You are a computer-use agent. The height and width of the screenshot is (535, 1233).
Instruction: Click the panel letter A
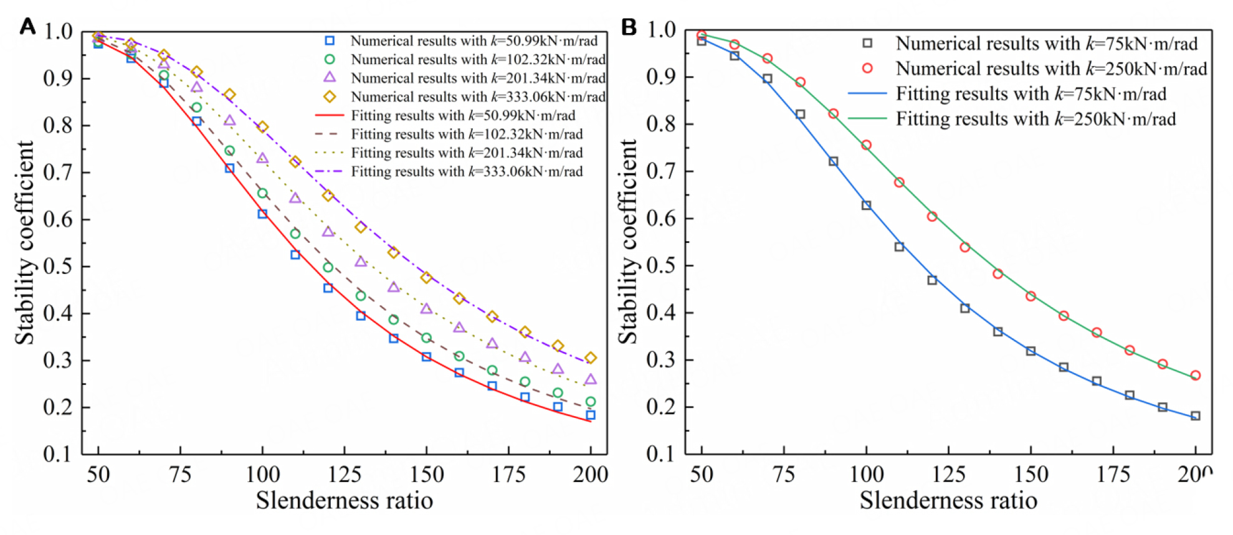(x=27, y=26)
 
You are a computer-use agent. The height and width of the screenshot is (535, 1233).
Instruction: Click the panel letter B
(x=629, y=27)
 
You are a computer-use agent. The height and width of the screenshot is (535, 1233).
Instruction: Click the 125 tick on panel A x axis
(x=345, y=475)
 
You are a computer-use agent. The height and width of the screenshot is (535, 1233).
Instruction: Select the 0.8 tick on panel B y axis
(x=661, y=124)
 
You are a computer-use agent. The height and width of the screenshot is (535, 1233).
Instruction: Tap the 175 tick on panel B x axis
(x=1113, y=475)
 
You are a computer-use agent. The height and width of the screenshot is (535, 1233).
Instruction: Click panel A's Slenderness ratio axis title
(x=344, y=501)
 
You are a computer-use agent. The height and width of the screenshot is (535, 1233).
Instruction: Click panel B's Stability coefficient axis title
(x=628, y=242)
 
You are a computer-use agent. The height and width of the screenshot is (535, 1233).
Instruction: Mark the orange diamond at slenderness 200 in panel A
(x=591, y=358)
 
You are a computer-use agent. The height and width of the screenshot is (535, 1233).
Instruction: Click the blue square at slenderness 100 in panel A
(x=262, y=214)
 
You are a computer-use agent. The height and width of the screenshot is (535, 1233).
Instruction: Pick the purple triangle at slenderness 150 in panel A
(x=426, y=309)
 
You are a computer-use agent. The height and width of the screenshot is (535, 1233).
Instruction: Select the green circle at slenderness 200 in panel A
(x=591, y=402)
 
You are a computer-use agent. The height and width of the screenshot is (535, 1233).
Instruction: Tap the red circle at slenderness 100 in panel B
(x=866, y=145)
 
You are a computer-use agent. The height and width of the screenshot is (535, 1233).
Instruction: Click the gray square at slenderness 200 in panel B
(x=1195, y=416)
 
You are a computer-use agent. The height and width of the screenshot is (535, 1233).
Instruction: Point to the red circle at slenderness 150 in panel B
(x=1031, y=296)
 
